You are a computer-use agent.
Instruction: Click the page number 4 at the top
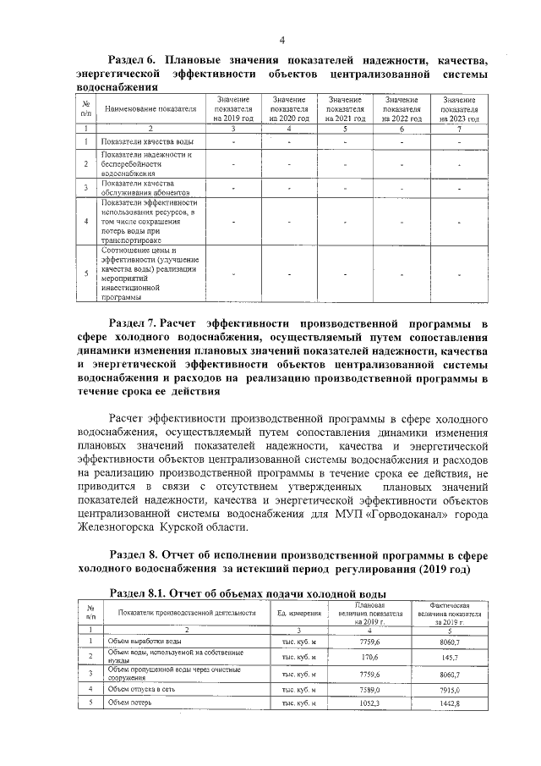(x=282, y=39)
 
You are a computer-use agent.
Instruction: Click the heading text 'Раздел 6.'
(x=134, y=59)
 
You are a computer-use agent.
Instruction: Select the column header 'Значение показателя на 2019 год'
(x=234, y=109)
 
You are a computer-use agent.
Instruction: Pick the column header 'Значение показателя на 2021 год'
(x=345, y=109)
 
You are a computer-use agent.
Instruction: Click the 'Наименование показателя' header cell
(x=150, y=109)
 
